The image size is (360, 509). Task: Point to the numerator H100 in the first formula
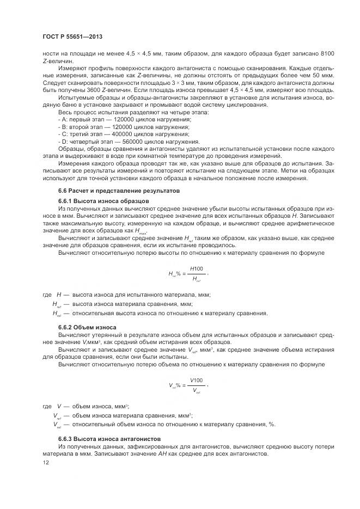tap(197, 269)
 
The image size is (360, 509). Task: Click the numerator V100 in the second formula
tap(197, 379)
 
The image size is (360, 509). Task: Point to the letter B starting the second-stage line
tap(63, 126)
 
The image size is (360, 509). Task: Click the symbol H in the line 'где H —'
tap(59, 295)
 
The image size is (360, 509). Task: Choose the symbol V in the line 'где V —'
tap(59, 406)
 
